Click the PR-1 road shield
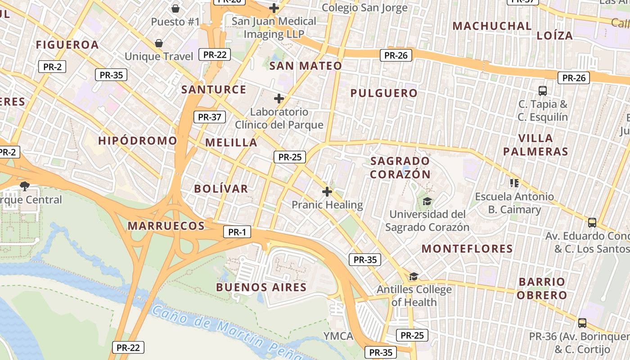click(237, 232)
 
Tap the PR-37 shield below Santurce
click(209, 117)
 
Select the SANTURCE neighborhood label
click(214, 89)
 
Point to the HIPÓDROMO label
click(138, 141)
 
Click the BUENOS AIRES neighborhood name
click(261, 287)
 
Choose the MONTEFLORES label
click(467, 248)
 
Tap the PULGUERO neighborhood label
click(384, 93)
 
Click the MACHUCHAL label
click(492, 26)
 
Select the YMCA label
click(338, 336)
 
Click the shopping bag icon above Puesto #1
click(175, 9)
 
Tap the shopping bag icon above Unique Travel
click(158, 43)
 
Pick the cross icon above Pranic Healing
click(327, 192)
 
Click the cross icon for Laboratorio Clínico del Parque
click(279, 99)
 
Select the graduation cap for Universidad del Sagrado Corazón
click(427, 201)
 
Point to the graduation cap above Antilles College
click(414, 276)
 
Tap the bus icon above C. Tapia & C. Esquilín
click(543, 91)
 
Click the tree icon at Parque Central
click(25, 186)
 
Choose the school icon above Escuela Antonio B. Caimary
click(514, 183)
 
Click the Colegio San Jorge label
click(365, 8)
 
